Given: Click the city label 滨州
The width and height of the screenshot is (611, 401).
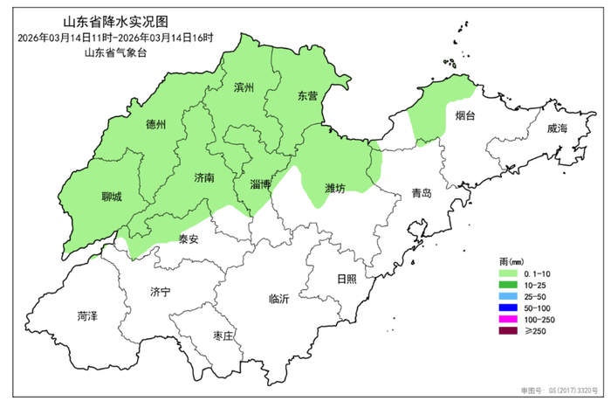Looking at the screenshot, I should point(244,88).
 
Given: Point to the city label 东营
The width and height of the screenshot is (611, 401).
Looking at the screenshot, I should point(308,96).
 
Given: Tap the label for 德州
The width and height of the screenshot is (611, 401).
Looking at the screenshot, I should point(156,124).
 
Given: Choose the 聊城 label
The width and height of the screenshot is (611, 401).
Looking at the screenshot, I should point(112,197).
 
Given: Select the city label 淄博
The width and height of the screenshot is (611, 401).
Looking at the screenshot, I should point(260,184).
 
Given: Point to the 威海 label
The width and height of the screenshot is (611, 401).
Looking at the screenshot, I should point(556,129).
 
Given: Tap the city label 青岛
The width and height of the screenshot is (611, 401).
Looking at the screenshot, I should point(422,194).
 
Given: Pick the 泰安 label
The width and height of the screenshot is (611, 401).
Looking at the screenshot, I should point(189,239).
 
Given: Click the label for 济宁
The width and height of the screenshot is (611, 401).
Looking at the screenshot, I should point(161,291).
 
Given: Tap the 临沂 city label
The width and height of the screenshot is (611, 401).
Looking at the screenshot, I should point(279,299).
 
